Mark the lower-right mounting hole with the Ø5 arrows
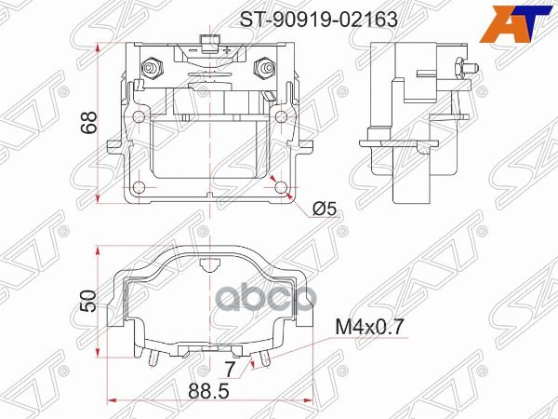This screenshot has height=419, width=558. tap(281, 188)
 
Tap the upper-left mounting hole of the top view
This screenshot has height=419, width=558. tap(138, 115)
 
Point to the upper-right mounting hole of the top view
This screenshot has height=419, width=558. tap(279, 115)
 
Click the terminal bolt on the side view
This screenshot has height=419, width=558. tap(462, 67)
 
